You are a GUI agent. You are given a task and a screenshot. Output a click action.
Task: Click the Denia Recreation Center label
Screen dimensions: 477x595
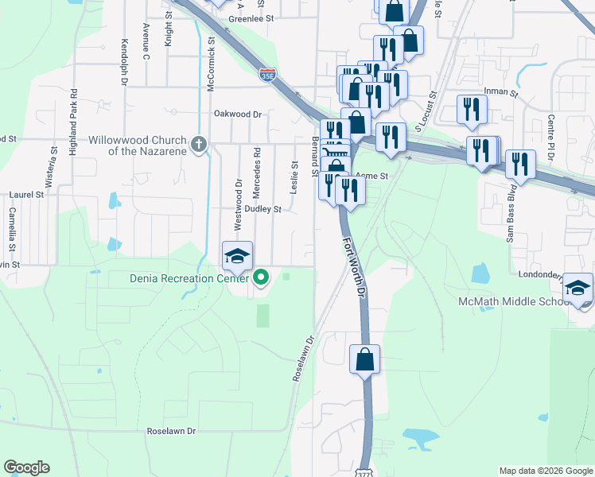(189, 277)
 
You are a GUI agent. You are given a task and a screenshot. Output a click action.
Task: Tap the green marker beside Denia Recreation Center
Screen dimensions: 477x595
(261, 277)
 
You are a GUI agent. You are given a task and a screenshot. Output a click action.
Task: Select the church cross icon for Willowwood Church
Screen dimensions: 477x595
(199, 145)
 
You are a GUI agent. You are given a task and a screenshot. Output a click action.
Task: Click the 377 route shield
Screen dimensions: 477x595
(364, 469)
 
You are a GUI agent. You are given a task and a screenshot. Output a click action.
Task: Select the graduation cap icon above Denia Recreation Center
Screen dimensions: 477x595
(236, 256)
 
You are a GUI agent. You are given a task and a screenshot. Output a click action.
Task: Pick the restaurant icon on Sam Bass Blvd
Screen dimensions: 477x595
(519, 165)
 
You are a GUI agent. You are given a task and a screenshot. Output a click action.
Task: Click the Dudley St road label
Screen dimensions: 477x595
(262, 209)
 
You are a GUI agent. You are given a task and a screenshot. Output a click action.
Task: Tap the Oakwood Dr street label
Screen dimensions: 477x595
(237, 114)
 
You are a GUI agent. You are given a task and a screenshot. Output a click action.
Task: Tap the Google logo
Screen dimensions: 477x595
(26, 467)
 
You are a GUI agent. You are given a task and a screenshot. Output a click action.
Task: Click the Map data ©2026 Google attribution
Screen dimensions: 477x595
(546, 471)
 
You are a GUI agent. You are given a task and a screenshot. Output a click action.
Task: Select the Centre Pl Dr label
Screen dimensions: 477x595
(550, 134)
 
